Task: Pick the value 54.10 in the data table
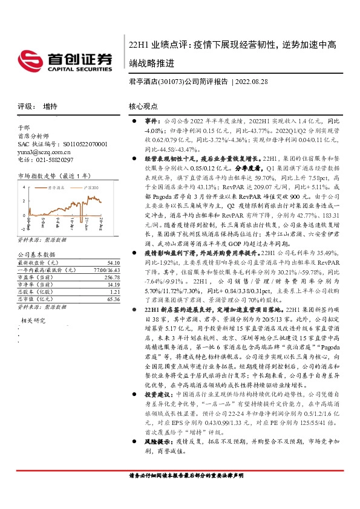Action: [112, 264]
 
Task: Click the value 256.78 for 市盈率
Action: [111, 277]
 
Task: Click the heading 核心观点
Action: [143, 106]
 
